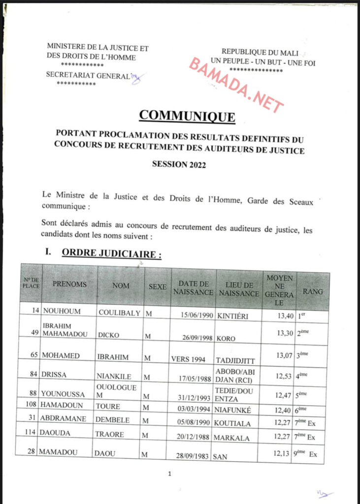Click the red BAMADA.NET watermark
236,84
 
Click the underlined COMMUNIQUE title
187,116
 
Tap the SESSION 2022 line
179,165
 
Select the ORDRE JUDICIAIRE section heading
111,254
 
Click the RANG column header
313,292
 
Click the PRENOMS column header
69,284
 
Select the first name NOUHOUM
62,312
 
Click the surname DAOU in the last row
107,454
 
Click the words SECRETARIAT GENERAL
87,75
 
